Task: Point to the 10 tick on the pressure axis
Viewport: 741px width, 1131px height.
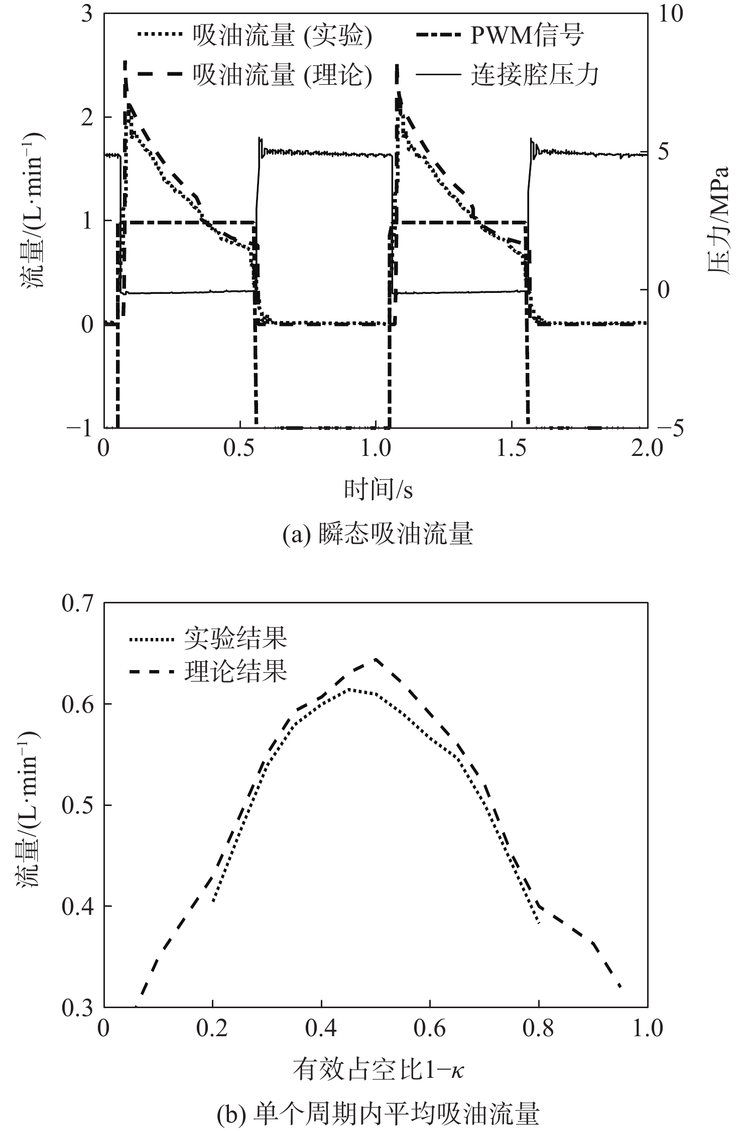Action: pyautogui.click(x=671, y=14)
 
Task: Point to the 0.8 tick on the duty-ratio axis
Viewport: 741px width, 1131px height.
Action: pyautogui.click(x=538, y=1028)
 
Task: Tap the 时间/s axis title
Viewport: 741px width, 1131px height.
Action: pyautogui.click(x=378, y=490)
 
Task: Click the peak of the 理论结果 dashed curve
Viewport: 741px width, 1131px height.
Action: pyautogui.click(x=375, y=659)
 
